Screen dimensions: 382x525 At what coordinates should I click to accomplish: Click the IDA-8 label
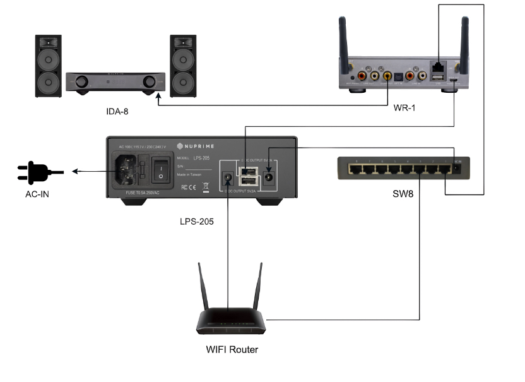[117, 112]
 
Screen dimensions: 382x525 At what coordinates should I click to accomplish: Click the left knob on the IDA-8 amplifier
[82, 82]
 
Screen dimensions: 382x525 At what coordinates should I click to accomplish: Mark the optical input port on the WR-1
[399, 76]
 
